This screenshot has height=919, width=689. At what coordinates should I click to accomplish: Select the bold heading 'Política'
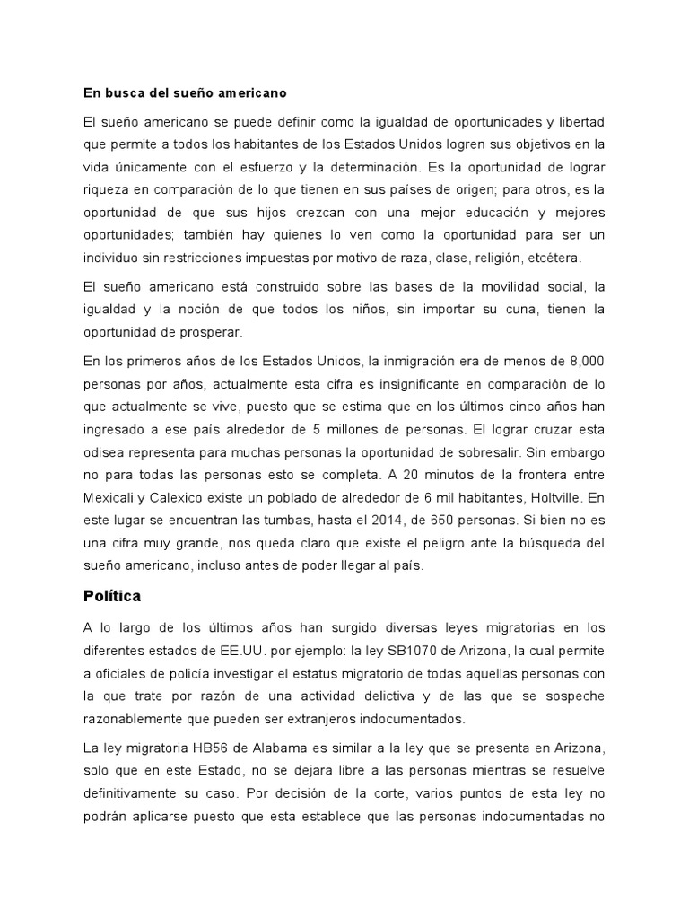click(x=112, y=595)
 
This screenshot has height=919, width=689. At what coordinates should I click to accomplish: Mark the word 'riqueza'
click(x=109, y=190)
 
